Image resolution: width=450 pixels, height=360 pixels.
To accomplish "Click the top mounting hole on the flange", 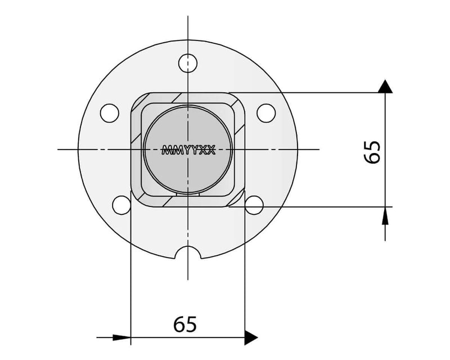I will coord(187,62).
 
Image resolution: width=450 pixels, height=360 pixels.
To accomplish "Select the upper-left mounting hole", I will coord(109,112).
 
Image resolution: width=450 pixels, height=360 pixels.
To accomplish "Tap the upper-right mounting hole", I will coord(265,112).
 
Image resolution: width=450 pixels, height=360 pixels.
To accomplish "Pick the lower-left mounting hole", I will coord(121,205).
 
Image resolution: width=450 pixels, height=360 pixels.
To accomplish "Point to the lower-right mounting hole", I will coord(254,205).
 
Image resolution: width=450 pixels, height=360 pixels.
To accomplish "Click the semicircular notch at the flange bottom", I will coord(187,254).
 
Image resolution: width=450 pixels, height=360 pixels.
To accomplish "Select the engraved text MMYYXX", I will coord(187,150).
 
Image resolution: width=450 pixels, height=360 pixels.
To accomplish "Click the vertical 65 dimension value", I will coord(372,151).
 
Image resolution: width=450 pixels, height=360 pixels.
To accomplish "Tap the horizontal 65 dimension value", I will coord(184,325).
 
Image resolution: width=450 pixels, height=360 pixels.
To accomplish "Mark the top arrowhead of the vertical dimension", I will coord(385,86).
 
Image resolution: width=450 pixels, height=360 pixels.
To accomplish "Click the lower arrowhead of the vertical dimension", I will coord(385,214).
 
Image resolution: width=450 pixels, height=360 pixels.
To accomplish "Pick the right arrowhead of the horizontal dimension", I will coord(251,337).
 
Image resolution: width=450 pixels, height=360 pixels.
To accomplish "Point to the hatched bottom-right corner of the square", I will coord(237,200).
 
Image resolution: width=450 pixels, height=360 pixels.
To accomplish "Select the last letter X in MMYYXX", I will coord(210,150).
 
